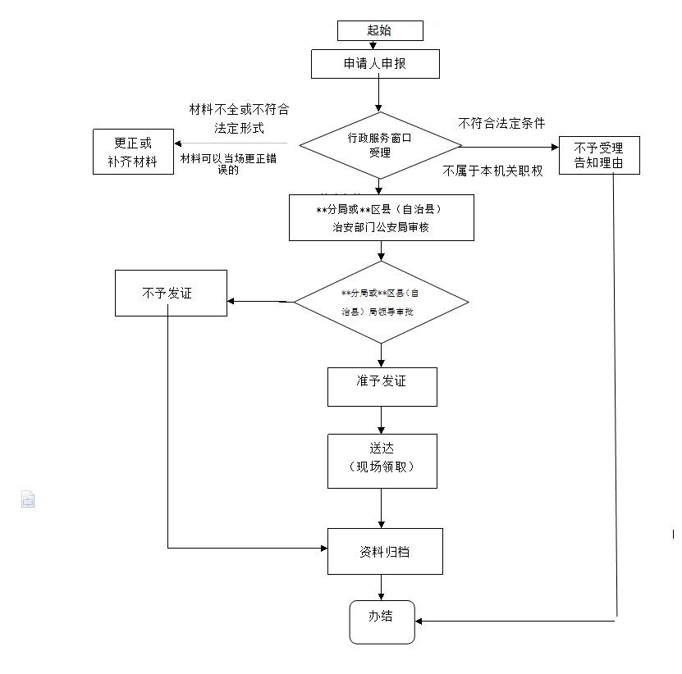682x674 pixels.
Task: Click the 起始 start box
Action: click(x=380, y=30)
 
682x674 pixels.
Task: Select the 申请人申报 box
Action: click(x=375, y=64)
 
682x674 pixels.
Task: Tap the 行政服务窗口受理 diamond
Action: click(x=380, y=145)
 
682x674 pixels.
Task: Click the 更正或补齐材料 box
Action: click(x=132, y=152)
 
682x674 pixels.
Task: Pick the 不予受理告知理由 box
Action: click(x=598, y=155)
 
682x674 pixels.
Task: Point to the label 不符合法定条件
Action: click(x=501, y=123)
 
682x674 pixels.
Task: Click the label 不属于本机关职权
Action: click(x=492, y=171)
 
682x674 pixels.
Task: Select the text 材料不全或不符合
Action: click(x=239, y=109)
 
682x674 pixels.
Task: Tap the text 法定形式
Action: click(x=239, y=129)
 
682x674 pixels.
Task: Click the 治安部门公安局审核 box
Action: click(x=381, y=218)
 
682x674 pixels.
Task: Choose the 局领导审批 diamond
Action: click(x=381, y=302)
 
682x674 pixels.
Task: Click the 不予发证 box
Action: click(x=171, y=293)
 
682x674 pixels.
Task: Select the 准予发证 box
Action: click(x=382, y=386)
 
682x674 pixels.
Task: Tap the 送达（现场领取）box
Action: click(x=382, y=461)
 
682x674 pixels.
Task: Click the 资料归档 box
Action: click(x=385, y=551)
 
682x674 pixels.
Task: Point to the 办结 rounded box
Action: click(x=381, y=622)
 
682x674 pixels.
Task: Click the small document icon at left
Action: click(x=28, y=499)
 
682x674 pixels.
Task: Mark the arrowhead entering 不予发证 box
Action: click(x=232, y=301)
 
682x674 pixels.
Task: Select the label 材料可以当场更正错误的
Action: click(x=229, y=164)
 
